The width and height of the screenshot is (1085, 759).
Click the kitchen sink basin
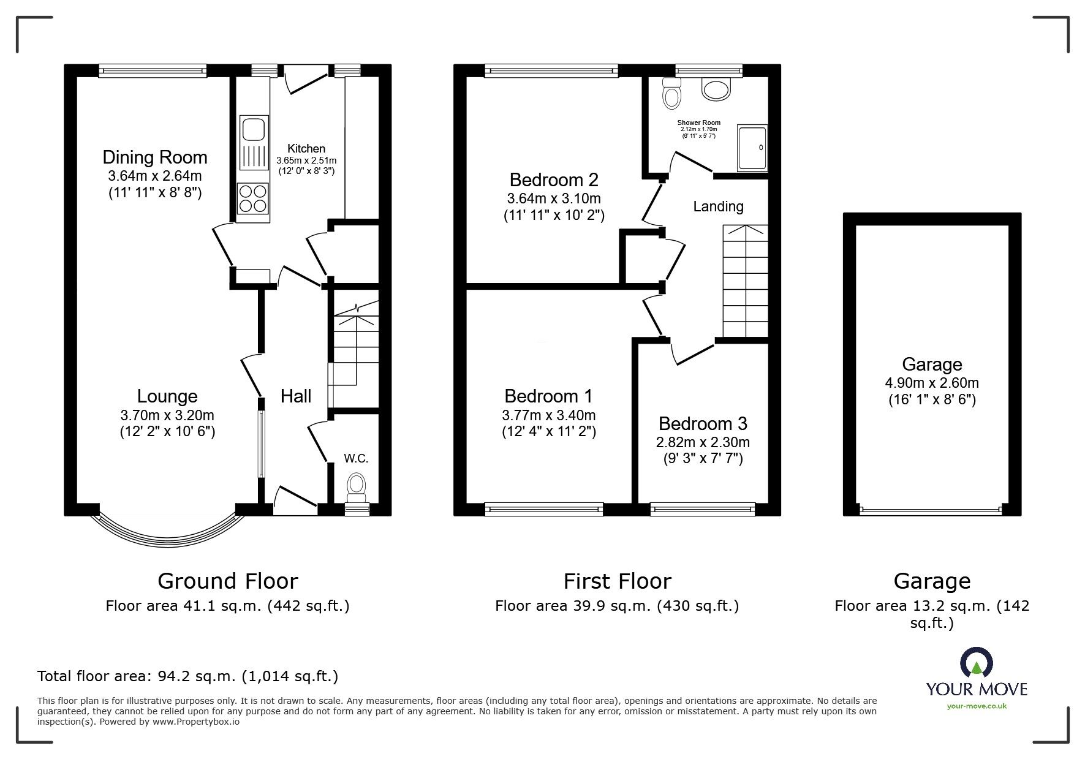click(252, 130)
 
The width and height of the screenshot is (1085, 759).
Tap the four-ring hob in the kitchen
click(252, 198)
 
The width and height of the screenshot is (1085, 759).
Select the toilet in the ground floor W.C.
click(356, 485)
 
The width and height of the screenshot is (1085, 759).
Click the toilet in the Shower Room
click(672, 93)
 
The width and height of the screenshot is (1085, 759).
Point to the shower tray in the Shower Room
click(752, 148)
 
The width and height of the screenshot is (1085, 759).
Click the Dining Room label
click(155, 157)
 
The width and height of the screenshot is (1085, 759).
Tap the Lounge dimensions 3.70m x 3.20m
click(167, 415)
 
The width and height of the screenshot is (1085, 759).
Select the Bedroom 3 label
click(703, 423)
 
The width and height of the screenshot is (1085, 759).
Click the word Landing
click(718, 206)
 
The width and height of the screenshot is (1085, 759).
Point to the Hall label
click(296, 396)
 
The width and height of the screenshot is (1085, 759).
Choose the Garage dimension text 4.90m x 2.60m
click(932, 383)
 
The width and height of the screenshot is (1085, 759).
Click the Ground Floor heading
click(228, 581)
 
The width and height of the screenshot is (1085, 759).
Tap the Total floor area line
click(187, 676)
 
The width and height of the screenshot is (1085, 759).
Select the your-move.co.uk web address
click(977, 706)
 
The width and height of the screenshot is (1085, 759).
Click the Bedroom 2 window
click(551, 71)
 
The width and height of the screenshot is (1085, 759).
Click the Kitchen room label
click(306, 148)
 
